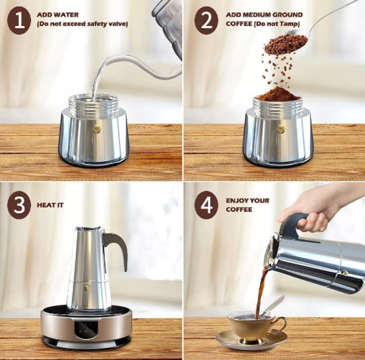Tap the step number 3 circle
(x=19, y=205)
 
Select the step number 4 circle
(x=206, y=205)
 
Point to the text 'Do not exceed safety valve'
(x=82, y=24)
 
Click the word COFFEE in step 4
(x=239, y=210)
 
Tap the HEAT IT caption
(x=50, y=205)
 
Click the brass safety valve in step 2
(x=281, y=129)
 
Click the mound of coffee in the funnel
(x=278, y=95)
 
